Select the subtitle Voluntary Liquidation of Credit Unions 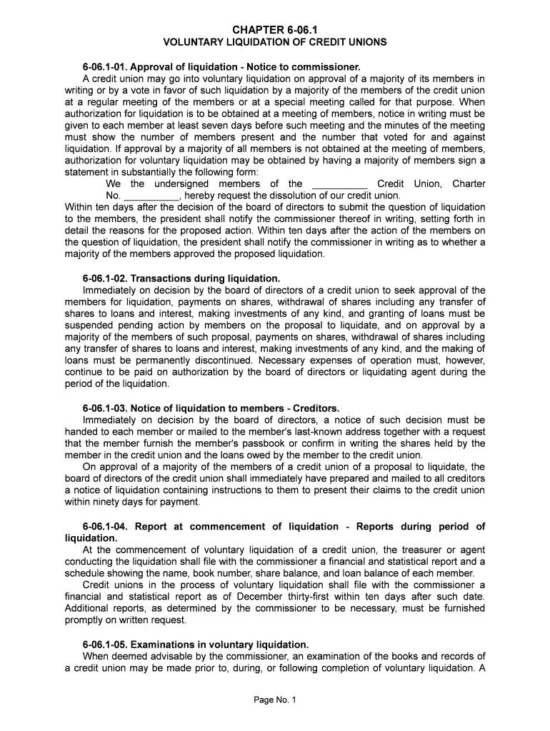pyautogui.click(x=275, y=42)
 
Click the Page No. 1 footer pyautogui.click(x=275, y=700)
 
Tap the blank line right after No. pyautogui.click(x=152, y=196)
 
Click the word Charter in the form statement pyautogui.click(x=469, y=184)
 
